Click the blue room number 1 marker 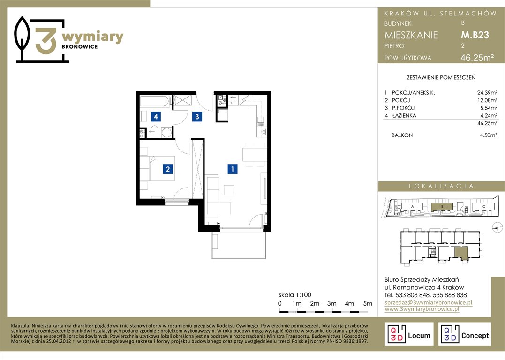point(233,169)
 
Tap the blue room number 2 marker point(168,169)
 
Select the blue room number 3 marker point(197,117)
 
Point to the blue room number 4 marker point(156,117)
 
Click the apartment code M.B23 point(475,35)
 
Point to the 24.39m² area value point(487,93)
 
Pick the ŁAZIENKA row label point(404,116)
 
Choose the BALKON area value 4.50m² point(488,135)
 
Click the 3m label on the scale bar point(332,303)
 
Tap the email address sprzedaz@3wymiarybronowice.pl point(429,302)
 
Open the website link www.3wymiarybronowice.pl point(422,309)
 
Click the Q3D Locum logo point(409,334)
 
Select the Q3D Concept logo point(465,334)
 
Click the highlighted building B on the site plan point(442,206)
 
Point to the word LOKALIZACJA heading point(441,186)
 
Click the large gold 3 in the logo point(46,41)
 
